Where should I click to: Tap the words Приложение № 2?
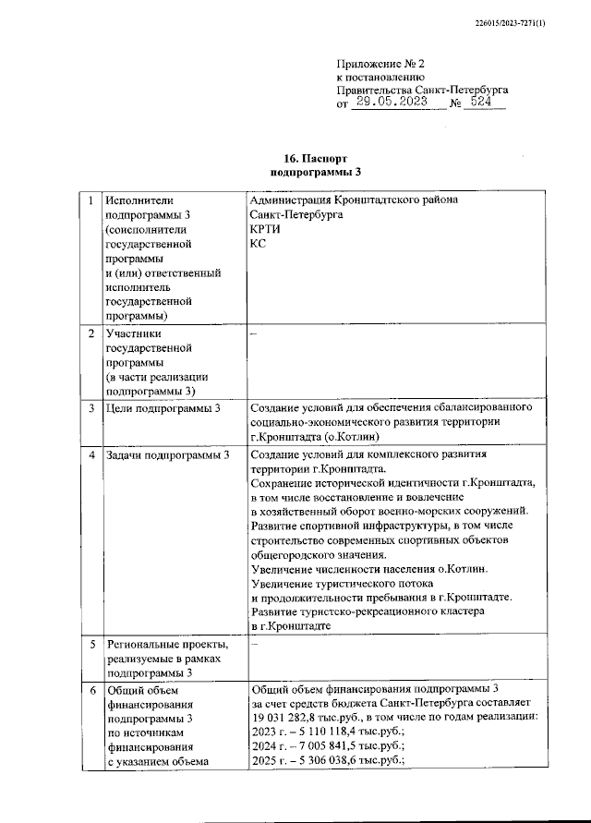pos(378,64)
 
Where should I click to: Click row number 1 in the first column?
pos(90,199)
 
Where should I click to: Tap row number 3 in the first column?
pos(90,407)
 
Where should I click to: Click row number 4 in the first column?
pos(90,454)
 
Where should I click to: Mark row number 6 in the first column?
pos(90,689)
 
